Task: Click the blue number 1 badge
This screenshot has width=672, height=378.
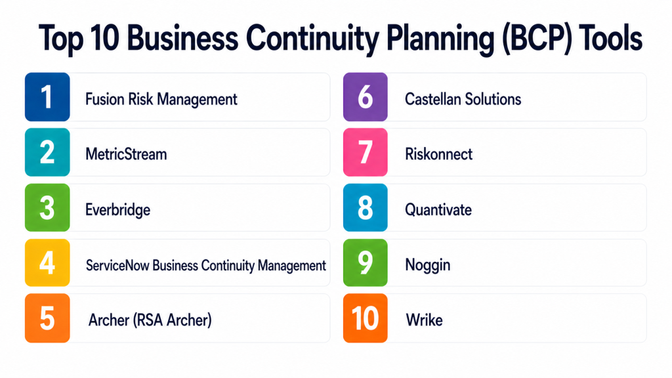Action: [x=47, y=97]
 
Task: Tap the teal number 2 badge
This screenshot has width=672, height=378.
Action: [x=47, y=152]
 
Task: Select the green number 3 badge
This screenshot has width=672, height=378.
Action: [x=47, y=207]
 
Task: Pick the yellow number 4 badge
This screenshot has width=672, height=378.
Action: [x=47, y=262]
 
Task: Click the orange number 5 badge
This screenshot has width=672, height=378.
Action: [x=47, y=318]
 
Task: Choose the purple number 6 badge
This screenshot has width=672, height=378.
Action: [x=365, y=97]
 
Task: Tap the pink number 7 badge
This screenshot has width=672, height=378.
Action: [x=365, y=152]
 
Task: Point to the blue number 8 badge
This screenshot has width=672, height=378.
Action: [x=365, y=207]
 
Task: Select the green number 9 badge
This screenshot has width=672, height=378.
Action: [x=365, y=262]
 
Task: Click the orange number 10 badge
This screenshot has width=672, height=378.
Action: [x=365, y=318]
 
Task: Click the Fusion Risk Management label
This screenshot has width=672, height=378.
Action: [x=161, y=100]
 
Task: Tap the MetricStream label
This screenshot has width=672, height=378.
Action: [x=126, y=154]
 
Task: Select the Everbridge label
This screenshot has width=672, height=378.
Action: [x=118, y=210]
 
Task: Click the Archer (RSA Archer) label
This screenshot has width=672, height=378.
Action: [x=150, y=320]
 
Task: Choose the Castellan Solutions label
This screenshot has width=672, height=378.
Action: [x=463, y=100]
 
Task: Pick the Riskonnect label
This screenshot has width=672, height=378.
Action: [x=438, y=154]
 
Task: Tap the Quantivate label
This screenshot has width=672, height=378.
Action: [x=438, y=210]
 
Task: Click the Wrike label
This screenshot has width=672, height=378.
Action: [x=424, y=320]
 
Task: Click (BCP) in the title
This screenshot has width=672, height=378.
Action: [x=537, y=39]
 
